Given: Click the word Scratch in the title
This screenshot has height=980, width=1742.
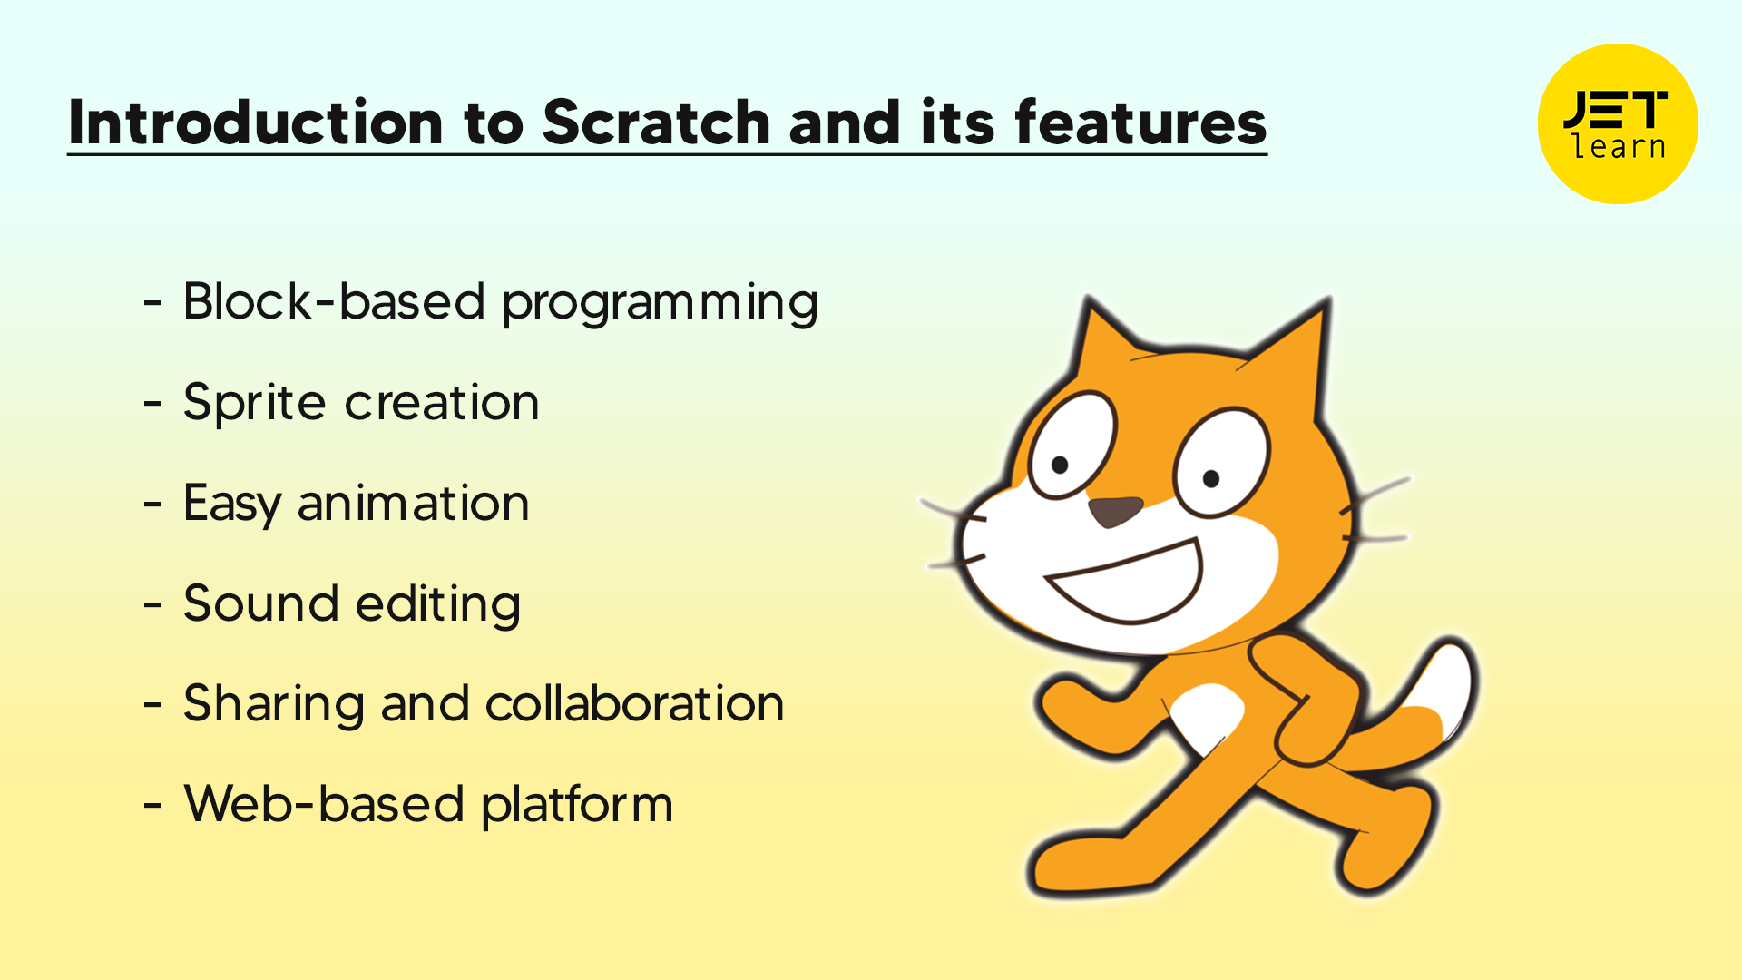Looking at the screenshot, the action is tap(656, 122).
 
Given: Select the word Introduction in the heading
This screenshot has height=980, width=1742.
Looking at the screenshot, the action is tap(256, 122).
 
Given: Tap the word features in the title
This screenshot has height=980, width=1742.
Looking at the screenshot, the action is tap(1140, 122).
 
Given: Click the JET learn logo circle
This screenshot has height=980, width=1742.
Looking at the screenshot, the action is tap(1618, 123).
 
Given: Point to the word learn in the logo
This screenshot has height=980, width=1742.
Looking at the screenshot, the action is tap(1620, 146).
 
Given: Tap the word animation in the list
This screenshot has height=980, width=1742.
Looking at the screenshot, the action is tap(414, 503).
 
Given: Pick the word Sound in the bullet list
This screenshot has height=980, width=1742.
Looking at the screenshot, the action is tap(260, 603).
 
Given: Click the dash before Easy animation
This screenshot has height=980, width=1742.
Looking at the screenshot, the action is tap(152, 504).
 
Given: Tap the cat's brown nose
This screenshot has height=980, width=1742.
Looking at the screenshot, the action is tap(1115, 512).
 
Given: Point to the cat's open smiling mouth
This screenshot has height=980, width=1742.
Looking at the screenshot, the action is tap(1125, 583).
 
